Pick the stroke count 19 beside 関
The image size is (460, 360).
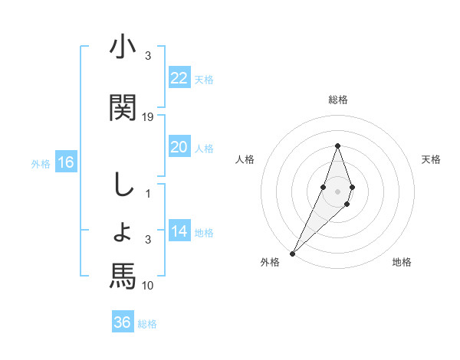point(148,116)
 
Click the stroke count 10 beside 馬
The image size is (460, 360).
point(148,285)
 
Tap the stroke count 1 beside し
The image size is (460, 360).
point(149,194)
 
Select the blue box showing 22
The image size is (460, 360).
point(179,77)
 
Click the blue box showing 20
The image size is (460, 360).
point(179,147)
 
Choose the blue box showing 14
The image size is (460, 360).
point(179,231)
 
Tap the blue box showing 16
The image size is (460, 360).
point(65,162)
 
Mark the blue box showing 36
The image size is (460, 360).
point(122,322)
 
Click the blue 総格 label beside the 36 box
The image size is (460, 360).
point(147,324)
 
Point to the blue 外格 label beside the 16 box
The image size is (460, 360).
point(41,163)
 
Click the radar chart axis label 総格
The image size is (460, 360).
point(337,100)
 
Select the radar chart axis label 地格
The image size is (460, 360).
point(402,262)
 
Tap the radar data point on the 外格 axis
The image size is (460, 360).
point(292,253)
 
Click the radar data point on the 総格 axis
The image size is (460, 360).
point(337,146)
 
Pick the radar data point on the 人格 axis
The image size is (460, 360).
point(324,187)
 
